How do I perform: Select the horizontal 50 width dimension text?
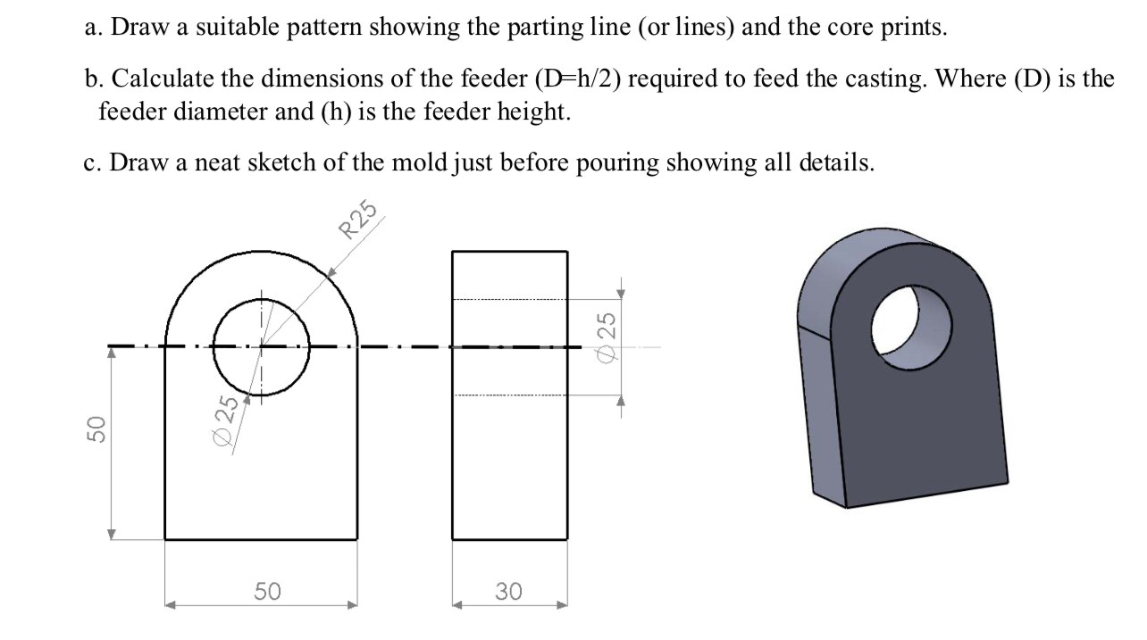point(267,591)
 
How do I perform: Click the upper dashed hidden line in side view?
point(509,299)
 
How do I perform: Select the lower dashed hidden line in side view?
point(509,395)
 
